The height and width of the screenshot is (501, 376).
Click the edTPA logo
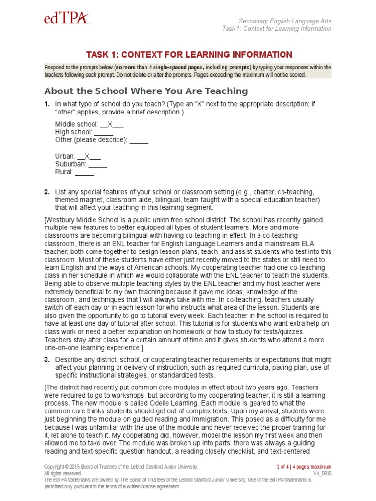66,19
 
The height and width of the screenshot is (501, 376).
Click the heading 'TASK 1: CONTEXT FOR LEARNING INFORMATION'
189,54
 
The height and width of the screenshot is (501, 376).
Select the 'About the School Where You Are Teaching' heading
146,91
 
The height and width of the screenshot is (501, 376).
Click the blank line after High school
103,132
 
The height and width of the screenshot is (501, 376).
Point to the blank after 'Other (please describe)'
139,140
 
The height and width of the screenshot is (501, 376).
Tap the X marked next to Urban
87,156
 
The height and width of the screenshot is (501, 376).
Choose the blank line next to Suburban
97,164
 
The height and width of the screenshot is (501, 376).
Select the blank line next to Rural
84,172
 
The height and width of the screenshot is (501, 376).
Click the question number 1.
47,104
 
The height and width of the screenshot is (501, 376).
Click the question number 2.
47,192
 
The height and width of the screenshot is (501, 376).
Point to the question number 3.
47,360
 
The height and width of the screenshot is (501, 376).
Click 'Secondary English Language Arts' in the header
284,21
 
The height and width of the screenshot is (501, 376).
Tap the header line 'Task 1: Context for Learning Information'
276,29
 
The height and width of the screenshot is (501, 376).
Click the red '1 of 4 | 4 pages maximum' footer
304,467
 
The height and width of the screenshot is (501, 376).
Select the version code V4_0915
322,474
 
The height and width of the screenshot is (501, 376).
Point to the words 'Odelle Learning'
149,402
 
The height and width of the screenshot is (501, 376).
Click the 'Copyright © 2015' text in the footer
64,467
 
